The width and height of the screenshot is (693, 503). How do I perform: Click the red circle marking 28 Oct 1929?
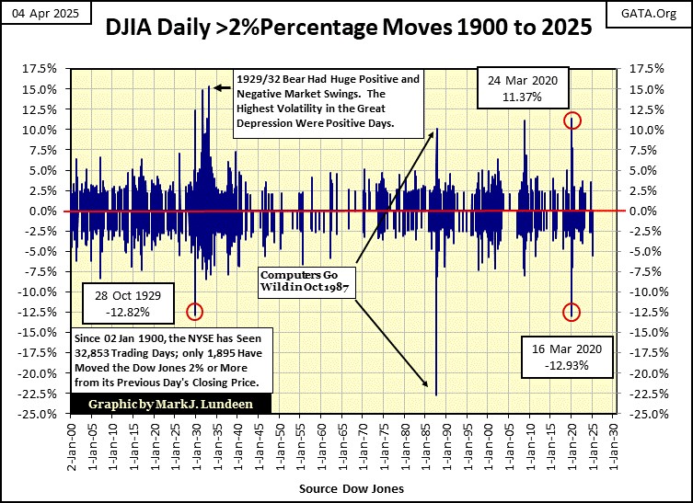[194, 312]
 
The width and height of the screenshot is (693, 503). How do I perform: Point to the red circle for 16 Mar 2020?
[572, 313]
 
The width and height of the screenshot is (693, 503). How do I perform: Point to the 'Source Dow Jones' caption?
[347, 487]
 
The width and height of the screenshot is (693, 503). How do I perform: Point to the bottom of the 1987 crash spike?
[435, 394]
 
